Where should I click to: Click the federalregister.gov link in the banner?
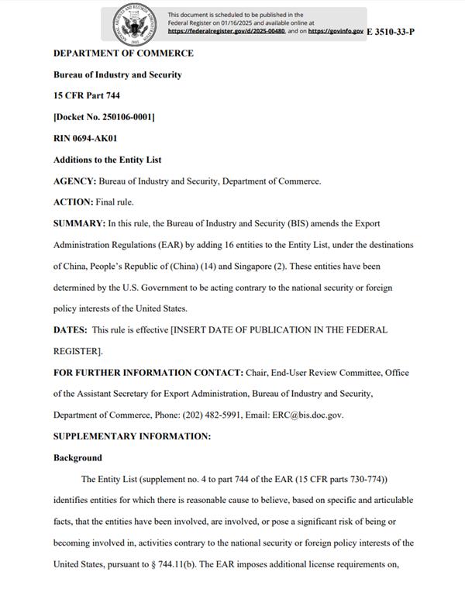point(227,31)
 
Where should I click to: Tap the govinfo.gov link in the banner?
point(336,31)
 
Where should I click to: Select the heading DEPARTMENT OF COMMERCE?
point(123,53)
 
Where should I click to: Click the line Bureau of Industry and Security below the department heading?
point(117,75)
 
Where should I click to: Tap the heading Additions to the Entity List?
point(107,160)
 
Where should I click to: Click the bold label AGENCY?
point(74,181)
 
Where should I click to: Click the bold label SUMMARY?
point(79,223)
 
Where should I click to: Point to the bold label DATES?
point(70,329)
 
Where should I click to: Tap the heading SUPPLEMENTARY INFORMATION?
point(132,436)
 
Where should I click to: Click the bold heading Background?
point(77,457)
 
